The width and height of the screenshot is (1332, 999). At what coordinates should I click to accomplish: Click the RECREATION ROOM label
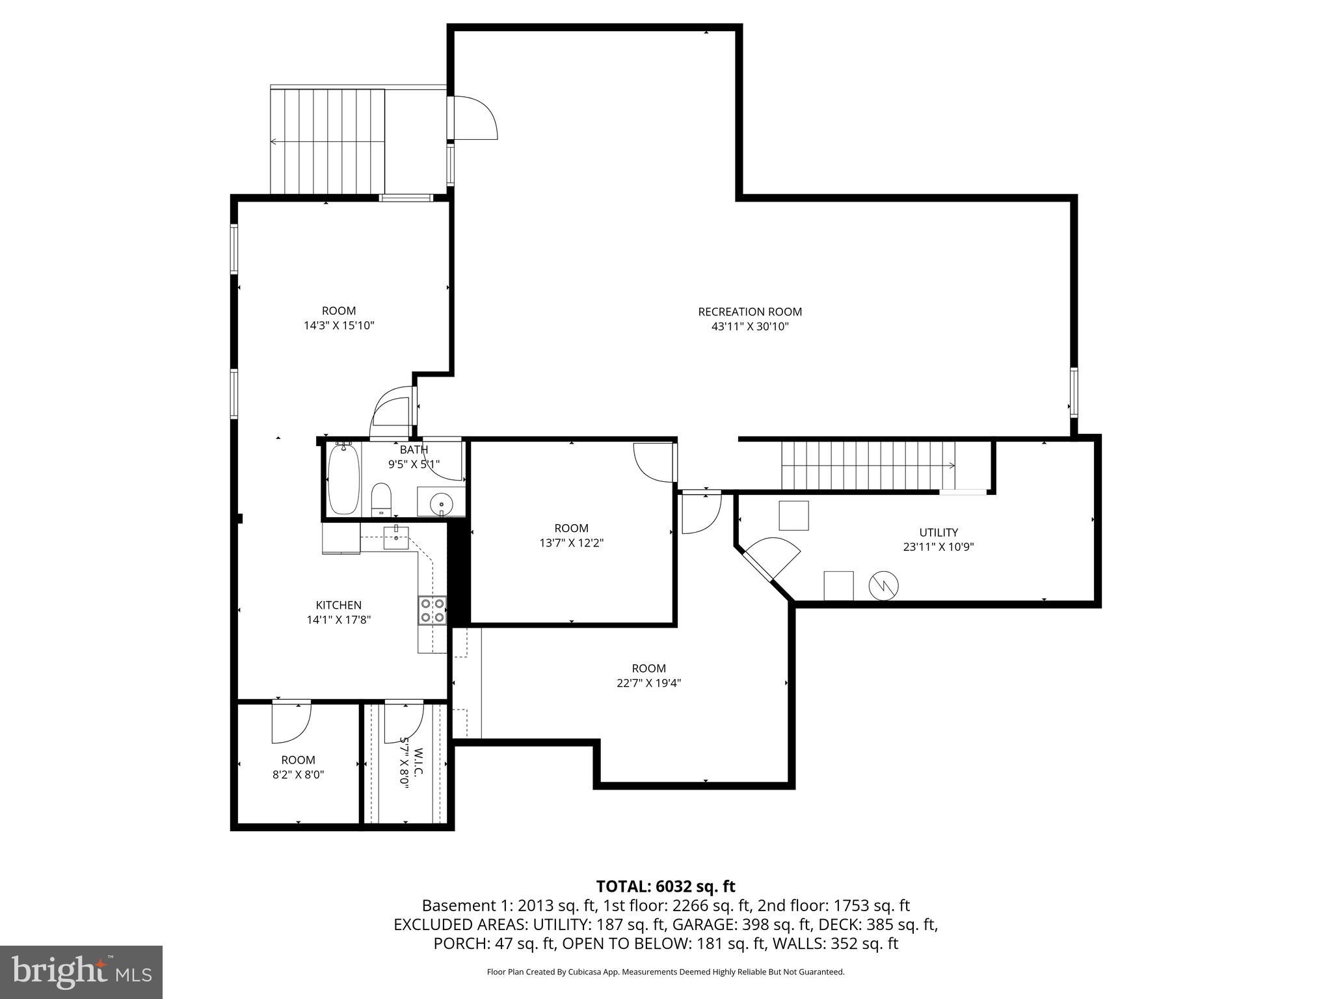coord(750,312)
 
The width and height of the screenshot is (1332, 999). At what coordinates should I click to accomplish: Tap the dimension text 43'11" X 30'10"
coord(750,327)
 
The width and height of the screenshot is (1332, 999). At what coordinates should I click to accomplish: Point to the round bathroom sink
coord(442,503)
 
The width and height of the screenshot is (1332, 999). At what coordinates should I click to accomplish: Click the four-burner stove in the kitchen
coord(433,610)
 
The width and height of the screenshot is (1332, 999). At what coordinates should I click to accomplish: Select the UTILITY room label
coord(938,532)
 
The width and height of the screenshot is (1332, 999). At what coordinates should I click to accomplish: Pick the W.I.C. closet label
coord(418,762)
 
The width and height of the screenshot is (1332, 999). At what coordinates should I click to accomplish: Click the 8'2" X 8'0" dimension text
coord(299,775)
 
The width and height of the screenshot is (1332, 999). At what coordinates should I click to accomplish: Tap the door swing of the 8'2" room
coord(291,722)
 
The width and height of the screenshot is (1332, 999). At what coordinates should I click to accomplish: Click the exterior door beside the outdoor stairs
coord(473,118)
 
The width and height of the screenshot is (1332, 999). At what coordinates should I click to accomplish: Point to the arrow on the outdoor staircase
coord(273,141)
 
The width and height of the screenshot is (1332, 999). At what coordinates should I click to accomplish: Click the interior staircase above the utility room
coord(868,465)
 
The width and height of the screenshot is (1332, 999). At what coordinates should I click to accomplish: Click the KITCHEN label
coord(338,605)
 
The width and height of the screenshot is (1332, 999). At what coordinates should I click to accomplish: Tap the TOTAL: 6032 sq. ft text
coord(665,886)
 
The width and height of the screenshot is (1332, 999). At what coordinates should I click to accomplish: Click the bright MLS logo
coord(81,972)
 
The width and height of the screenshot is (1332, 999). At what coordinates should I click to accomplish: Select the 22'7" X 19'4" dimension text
coord(648,683)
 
